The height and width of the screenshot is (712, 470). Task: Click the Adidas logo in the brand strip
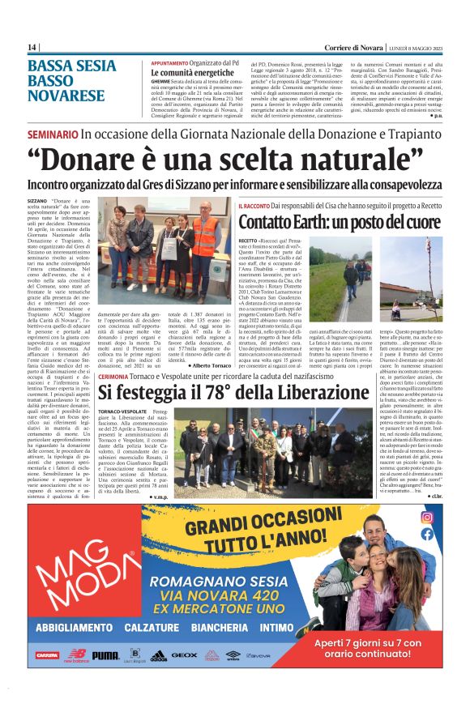click(158, 655)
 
